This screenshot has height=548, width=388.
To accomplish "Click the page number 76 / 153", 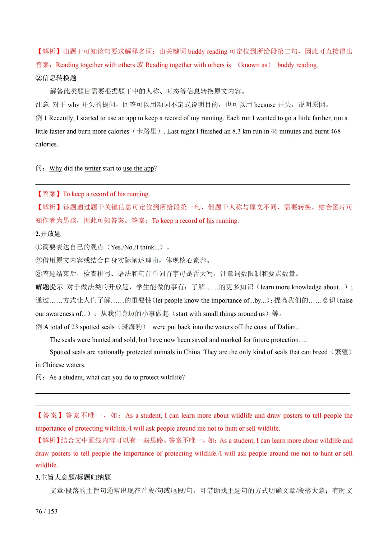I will (46, 511).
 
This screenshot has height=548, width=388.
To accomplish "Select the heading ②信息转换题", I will (56, 78).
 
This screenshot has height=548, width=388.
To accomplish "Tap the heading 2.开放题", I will (48, 234).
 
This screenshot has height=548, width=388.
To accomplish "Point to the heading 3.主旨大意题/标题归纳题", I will (73, 477).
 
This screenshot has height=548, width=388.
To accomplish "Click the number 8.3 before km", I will (236, 131).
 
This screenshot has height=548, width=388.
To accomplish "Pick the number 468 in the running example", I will (335, 131).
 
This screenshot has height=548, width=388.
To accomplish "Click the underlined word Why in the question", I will (56, 168).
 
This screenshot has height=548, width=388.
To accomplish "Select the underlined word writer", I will (93, 168).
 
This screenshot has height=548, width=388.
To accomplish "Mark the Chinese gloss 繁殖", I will (341, 352).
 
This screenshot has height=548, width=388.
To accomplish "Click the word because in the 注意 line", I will (265, 105).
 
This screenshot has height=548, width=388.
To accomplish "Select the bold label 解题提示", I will (49, 287).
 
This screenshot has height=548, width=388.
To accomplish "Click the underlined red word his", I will (210, 221).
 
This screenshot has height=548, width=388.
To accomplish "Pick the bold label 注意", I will (42, 105).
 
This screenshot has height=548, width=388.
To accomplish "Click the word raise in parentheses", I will (346, 300).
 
